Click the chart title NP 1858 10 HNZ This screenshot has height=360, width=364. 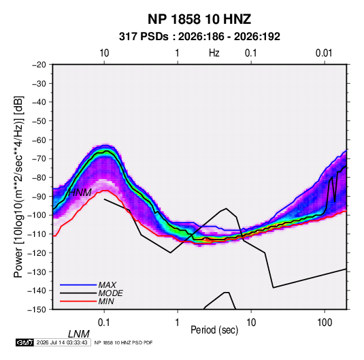coord(199,19)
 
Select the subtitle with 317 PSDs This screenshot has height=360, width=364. coord(199,37)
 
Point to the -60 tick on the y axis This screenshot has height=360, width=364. coord(39,140)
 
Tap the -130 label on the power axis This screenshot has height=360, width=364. coord(37,272)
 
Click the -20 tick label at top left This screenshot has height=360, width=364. coord(39,65)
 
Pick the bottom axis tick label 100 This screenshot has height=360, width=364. coord(325,323)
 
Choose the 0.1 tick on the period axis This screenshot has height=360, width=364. coord(104,323)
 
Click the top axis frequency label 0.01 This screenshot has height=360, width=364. coord(324,53)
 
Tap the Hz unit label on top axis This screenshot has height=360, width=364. coord(214,53)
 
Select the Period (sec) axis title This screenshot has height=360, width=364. coord(214,330)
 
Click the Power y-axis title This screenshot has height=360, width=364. coord(18,186)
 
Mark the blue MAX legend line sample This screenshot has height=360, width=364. coord(78,284)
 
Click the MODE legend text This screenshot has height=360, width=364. coord(110,293)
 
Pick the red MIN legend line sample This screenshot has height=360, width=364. coord(78,301)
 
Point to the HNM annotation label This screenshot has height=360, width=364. coord(80,193)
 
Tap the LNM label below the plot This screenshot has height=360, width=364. coord(79,334)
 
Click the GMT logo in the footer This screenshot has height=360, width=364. coord(24,342)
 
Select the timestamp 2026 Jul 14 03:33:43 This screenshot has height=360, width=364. coord(62,342)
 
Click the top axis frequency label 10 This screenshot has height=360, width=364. coord(104,53)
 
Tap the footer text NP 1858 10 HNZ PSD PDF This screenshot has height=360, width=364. coord(124,342)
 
